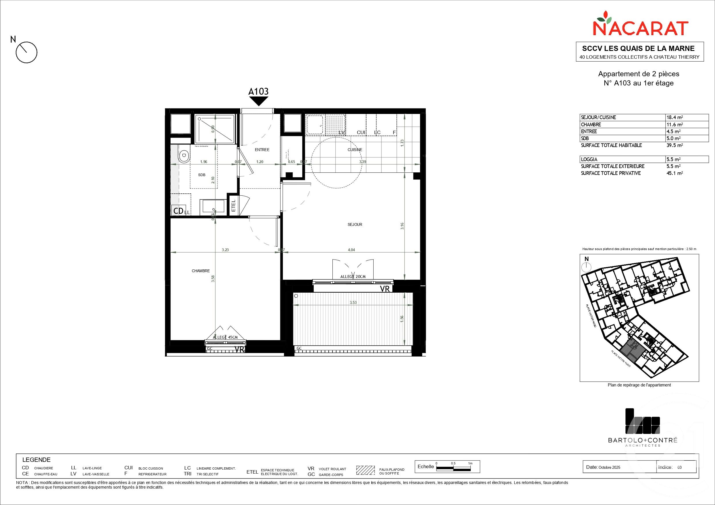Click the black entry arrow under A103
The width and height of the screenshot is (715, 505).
click(258, 101)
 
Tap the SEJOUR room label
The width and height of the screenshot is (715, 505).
click(355, 224)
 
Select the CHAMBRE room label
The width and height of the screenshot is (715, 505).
click(200, 271)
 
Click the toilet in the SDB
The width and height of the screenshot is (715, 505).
click(184, 155)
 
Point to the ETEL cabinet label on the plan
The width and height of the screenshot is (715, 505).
click(234, 205)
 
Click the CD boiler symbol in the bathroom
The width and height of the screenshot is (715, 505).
click(178, 211)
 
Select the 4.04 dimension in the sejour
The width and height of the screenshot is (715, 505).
click(351, 249)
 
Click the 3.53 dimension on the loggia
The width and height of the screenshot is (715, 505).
click(353, 302)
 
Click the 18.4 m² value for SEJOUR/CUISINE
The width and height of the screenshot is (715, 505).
click(674, 117)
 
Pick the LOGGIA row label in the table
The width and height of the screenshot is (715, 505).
click(589, 159)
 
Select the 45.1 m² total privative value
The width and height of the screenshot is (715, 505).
click(674, 173)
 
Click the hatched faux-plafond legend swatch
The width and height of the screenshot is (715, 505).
click(365, 470)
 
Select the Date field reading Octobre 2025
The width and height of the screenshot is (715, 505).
click(603, 467)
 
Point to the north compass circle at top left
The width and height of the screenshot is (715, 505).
click(27, 52)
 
